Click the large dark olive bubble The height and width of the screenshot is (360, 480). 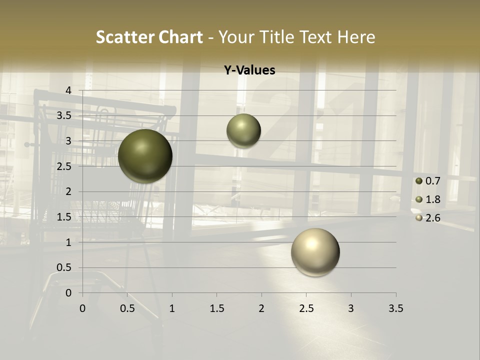click(x=145, y=156)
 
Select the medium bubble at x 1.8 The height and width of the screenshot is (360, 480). click(x=243, y=131)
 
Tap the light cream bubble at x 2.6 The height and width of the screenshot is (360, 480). click(x=315, y=252)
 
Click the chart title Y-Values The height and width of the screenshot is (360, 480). click(x=249, y=70)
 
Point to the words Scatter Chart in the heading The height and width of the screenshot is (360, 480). click(x=149, y=37)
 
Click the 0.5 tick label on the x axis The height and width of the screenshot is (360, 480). click(x=127, y=309)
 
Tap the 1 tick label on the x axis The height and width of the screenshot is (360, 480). click(x=172, y=309)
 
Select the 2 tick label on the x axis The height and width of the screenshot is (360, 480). click(x=261, y=309)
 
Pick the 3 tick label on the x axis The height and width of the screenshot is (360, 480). click(x=351, y=309)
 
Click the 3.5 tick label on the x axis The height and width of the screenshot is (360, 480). click(x=395, y=309)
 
